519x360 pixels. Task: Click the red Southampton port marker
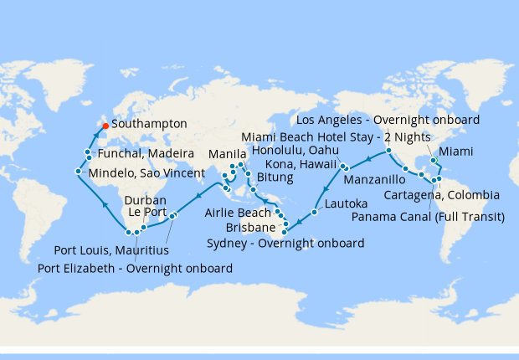[x=105, y=126]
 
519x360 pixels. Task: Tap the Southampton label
[x=149, y=123]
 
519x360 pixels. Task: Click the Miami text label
[x=455, y=152]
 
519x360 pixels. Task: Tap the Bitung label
[x=275, y=178]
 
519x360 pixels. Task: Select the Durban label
[x=146, y=201]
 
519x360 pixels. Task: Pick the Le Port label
[x=147, y=213]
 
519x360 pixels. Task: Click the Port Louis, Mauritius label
[x=111, y=249]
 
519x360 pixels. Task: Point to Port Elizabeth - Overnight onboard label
[x=136, y=268]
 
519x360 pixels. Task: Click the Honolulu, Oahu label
[x=290, y=150]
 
